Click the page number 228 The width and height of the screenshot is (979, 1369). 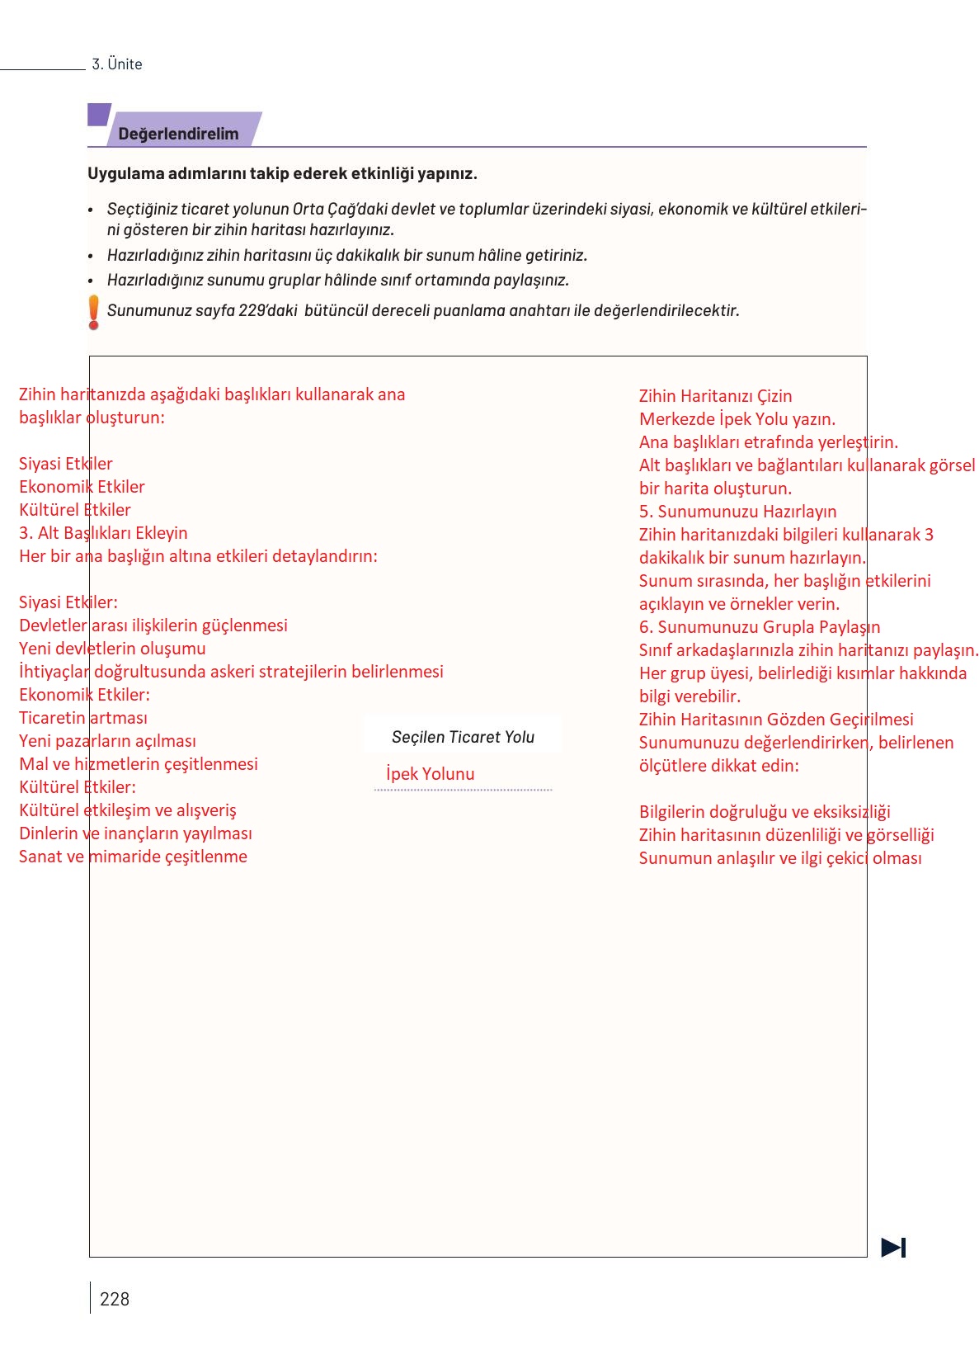click(x=115, y=1299)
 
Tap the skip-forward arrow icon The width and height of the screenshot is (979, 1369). click(x=893, y=1247)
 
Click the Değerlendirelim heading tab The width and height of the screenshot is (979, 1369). click(x=178, y=134)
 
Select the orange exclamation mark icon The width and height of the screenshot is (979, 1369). click(x=94, y=312)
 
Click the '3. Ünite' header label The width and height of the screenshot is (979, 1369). click(x=117, y=64)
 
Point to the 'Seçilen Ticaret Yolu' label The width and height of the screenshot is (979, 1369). click(x=463, y=737)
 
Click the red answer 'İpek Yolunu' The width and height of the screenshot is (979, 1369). click(x=430, y=774)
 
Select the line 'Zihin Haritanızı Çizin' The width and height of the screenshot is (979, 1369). click(x=715, y=396)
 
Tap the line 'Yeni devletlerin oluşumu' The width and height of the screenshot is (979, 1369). click(x=112, y=649)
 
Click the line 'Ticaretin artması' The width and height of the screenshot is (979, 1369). click(x=83, y=718)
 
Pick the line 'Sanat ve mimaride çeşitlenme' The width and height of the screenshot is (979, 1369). click(x=133, y=857)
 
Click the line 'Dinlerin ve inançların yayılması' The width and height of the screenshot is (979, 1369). click(x=135, y=833)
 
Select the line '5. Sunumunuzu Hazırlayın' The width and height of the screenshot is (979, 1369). click(x=737, y=512)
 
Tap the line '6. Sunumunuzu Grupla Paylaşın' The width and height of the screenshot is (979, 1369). click(x=760, y=627)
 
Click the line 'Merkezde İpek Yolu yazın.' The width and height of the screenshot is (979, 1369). click(x=737, y=419)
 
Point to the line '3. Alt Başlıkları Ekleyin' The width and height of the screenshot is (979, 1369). click(x=103, y=533)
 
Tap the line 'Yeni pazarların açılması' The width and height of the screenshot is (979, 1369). click(x=107, y=741)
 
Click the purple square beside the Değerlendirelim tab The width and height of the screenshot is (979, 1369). click(x=98, y=115)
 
